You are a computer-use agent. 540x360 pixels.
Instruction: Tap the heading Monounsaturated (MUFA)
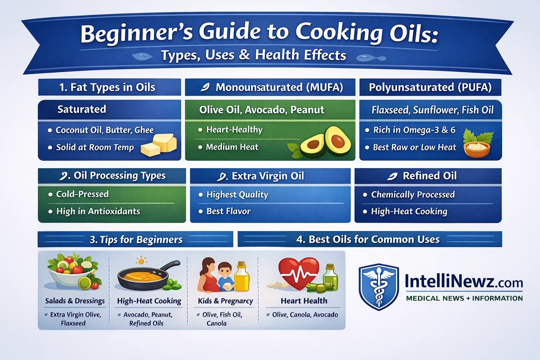(279, 87)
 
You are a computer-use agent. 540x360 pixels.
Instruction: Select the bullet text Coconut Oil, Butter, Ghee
(104, 130)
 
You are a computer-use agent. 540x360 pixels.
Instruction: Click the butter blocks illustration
(159, 145)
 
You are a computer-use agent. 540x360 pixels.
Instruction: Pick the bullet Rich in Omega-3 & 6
(414, 130)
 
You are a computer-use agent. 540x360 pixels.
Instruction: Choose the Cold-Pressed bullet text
(82, 194)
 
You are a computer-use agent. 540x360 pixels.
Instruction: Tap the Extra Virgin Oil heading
(268, 176)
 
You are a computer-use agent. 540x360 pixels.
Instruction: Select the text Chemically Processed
(413, 194)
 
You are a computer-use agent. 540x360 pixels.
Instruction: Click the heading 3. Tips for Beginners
(136, 240)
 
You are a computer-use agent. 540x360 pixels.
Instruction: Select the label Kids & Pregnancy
(225, 301)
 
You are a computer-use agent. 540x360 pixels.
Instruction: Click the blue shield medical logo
(379, 287)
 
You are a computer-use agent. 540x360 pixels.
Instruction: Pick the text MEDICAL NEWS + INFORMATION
(464, 298)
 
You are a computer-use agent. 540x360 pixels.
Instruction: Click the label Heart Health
(304, 301)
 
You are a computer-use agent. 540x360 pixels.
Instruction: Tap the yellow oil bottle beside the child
(242, 277)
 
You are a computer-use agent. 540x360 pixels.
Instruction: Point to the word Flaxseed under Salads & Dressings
(73, 323)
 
